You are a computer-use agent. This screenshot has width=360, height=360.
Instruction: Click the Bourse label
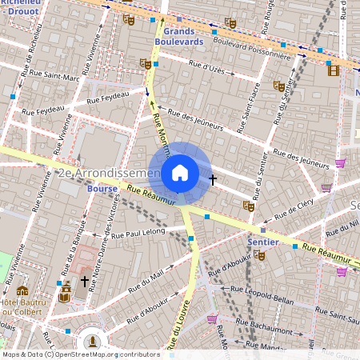pyautogui.click(x=102, y=189)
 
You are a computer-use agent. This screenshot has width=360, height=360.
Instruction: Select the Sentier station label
pyautogui.click(x=263, y=241)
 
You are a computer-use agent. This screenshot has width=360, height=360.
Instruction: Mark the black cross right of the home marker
pyautogui.click(x=213, y=179)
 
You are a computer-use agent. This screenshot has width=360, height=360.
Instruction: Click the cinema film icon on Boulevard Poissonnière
pyautogui.click(x=333, y=70)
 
